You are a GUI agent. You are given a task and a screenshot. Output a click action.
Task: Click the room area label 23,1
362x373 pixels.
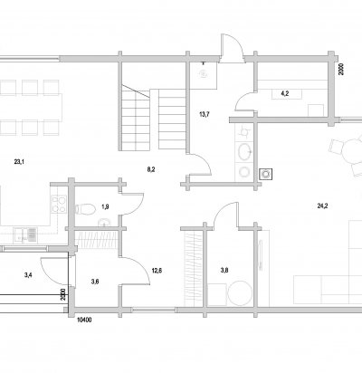coord(19,162)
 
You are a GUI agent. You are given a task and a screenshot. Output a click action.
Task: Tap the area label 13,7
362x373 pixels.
coord(205,114)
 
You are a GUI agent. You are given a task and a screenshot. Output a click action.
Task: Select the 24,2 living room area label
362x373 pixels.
coord(322,206)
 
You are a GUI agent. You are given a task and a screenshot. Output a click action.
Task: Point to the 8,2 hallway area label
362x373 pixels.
coord(151,169)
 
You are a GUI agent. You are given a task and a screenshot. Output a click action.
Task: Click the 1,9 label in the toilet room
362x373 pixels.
coord(105,206)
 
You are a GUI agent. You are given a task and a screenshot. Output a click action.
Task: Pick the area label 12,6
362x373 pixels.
coord(157,271)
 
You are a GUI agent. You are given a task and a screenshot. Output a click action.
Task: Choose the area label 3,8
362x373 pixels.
coord(224,270)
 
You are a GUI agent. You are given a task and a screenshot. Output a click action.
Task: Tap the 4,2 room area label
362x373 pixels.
coord(285,93)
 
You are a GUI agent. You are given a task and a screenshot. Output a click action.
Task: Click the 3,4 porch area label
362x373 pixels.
coord(28,274)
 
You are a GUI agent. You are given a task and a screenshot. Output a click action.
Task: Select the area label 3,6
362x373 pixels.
coord(95,282)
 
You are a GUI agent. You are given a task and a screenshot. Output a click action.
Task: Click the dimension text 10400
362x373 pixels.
coord(84,320)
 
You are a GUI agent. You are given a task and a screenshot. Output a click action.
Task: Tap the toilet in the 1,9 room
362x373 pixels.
coord(85,209)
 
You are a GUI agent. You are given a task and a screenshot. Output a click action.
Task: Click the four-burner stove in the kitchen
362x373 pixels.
coord(59,205)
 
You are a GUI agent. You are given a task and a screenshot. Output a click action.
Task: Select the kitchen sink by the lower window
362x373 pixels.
coord(25,235)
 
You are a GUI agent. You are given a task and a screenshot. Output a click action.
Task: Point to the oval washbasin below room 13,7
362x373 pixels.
coord(244,151)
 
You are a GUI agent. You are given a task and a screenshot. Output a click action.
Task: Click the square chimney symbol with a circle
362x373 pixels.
coord(266,174)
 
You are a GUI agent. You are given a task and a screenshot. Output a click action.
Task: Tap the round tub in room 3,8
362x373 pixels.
coord(240,293)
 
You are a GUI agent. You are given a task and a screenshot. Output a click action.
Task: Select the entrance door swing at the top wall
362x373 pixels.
coord(232,48)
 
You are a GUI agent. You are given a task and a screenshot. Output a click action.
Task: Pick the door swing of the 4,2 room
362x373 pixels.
coord(245,101)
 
